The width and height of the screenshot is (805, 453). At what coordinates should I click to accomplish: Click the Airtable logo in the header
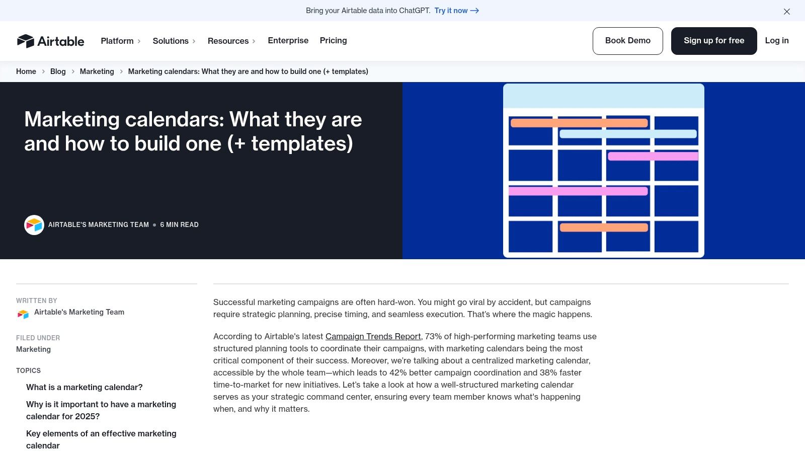(50, 41)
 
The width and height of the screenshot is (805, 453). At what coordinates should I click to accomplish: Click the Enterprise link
(288, 40)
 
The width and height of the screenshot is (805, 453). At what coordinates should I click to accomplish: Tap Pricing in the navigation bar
(333, 40)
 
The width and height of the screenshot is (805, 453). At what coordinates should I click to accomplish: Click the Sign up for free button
(713, 41)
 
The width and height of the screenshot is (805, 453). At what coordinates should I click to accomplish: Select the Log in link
(776, 40)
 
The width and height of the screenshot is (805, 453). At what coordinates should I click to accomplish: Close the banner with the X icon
(786, 12)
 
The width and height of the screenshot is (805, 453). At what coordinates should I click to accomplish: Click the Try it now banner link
(456, 11)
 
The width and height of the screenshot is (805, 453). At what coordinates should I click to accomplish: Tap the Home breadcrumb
(26, 71)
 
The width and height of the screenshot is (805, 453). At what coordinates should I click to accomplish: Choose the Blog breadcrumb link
(58, 71)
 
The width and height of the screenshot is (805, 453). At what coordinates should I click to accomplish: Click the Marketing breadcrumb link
(97, 71)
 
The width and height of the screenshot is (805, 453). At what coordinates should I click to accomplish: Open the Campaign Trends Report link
(373, 336)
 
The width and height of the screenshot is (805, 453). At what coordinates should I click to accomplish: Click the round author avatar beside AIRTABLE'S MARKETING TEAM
(34, 225)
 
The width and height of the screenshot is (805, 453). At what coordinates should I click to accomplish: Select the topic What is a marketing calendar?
(85, 387)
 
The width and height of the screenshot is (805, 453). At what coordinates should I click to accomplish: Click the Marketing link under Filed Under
(33, 349)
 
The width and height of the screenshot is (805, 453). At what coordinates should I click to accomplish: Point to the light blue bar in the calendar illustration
(628, 134)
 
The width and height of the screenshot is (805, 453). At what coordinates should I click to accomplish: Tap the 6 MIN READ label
(179, 224)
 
